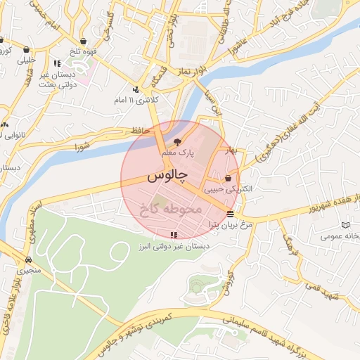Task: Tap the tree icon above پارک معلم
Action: (176, 141)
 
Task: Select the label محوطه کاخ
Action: (172, 208)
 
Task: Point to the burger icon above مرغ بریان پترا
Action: (231, 213)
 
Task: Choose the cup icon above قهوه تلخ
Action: (84, 41)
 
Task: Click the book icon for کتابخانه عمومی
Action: (344, 225)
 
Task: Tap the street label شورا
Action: (83, 147)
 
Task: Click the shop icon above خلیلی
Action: (27, 50)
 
